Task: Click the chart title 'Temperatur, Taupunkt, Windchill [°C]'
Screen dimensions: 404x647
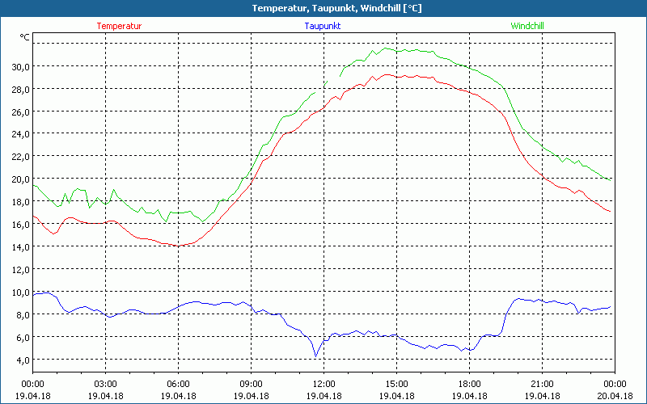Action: (324, 8)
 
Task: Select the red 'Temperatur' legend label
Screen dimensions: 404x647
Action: (119, 26)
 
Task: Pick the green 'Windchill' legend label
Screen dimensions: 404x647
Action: (526, 26)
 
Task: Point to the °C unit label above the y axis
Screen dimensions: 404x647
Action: (24, 37)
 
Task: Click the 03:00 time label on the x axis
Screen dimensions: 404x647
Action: (106, 384)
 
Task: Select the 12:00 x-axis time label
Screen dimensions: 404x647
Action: (323, 384)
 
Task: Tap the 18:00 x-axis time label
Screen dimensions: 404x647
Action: (469, 384)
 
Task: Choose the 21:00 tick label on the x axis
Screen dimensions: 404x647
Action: (542, 384)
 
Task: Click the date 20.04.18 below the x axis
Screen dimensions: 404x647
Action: (615, 396)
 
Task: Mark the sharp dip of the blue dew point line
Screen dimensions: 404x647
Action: (316, 356)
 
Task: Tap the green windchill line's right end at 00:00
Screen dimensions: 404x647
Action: (610, 179)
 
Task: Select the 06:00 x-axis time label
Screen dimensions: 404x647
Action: (179, 384)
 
